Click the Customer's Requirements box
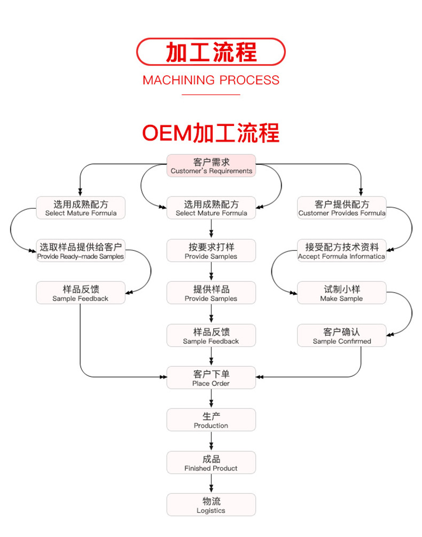211,165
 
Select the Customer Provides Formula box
341,208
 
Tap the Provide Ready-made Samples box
80,251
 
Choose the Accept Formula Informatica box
341,251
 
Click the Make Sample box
341,293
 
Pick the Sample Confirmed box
341,336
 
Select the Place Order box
211,378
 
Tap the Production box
211,420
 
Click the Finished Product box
211,462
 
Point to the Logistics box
211,505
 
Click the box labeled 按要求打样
211,251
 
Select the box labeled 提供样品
211,293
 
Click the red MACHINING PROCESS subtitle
211,80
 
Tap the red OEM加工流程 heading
211,132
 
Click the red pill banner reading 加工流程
211,52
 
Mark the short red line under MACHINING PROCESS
211,94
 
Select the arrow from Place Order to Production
211,399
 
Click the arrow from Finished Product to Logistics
211,484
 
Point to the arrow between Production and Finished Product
211,441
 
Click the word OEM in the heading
166,133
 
